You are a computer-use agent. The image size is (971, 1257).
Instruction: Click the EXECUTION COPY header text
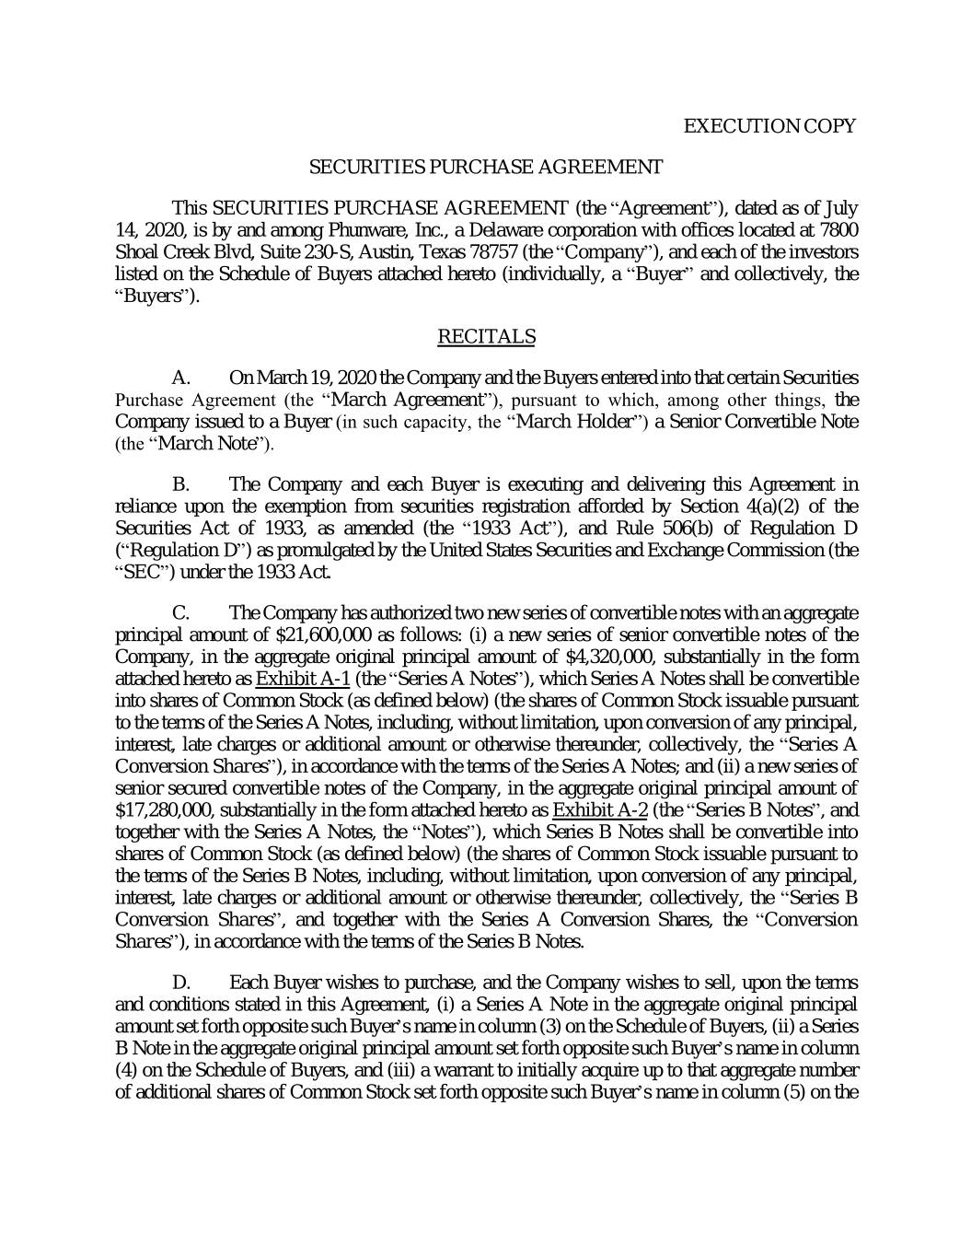[769, 126]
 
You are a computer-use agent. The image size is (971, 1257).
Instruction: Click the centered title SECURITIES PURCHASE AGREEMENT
[485, 167]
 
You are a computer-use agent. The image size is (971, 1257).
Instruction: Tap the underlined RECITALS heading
[486, 337]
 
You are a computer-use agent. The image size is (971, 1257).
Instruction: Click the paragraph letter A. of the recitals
[181, 378]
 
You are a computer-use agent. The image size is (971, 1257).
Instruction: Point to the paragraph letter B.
[181, 484]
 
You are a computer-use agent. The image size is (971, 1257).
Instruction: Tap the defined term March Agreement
[407, 401]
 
